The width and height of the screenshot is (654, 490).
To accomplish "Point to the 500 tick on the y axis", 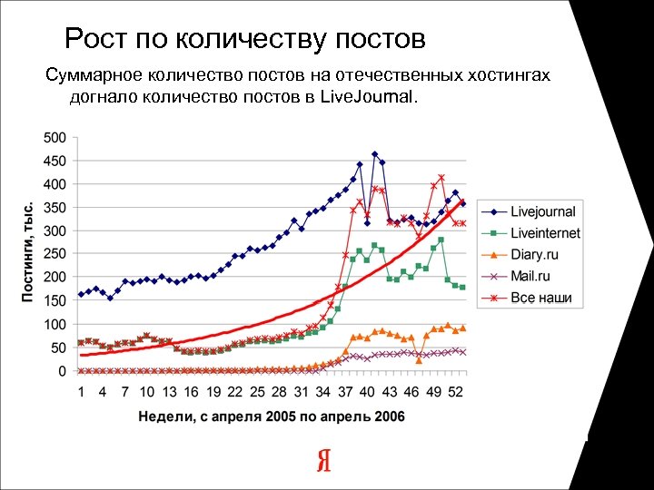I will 55,138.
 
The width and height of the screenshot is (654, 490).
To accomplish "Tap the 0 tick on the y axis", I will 62,371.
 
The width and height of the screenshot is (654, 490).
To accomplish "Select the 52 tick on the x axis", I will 456,392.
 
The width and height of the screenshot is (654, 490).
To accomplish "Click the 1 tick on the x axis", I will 81,392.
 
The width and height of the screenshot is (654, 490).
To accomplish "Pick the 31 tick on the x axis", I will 301,392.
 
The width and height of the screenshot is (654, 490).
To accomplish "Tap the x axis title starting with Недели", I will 272,416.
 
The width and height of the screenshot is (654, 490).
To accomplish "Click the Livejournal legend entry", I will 542,211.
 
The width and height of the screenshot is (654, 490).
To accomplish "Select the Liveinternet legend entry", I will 544,233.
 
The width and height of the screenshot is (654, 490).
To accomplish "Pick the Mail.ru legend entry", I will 530,276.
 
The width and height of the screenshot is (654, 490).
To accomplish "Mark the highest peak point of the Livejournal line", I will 374,154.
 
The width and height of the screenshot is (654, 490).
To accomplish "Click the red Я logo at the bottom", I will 323,461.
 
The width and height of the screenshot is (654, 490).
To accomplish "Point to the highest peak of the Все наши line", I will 441,177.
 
